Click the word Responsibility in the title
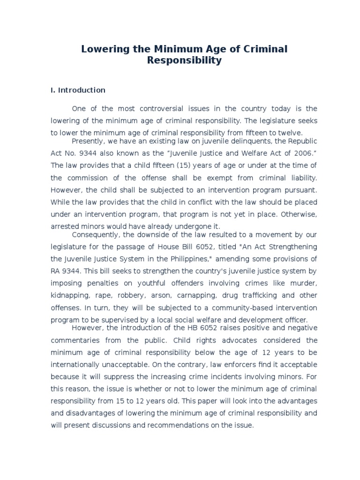pyautogui.click(x=184, y=60)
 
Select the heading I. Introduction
pyautogui.click(x=78, y=90)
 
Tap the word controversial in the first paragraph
pyautogui.click(x=155, y=108)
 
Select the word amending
pyautogui.click(x=225, y=259)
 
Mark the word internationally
pyautogui.click(x=79, y=364)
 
